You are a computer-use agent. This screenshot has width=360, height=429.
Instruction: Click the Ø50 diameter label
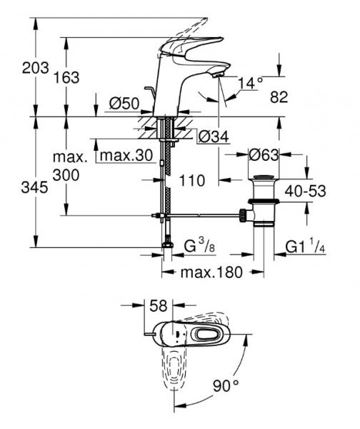pyautogui.click(x=122, y=103)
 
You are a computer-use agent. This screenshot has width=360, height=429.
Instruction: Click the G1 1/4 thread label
pyautogui.click(x=306, y=247)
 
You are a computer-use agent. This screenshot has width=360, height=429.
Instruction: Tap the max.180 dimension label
pyautogui.click(x=211, y=272)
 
